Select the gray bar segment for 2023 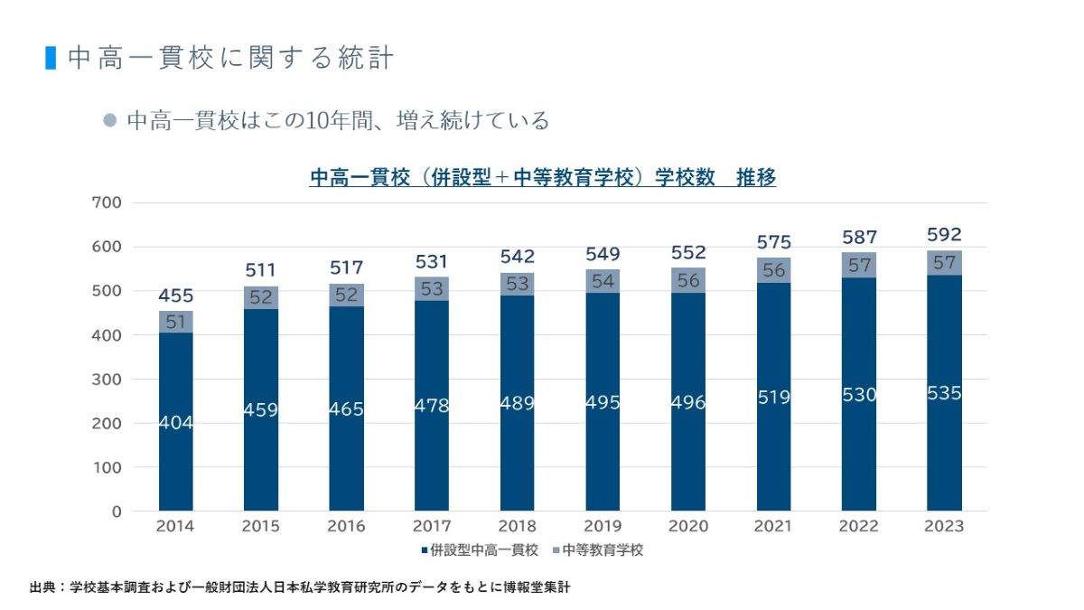[x=944, y=263]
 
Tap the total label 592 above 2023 [x=944, y=234]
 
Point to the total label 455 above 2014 [x=176, y=296]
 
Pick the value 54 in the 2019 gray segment [x=603, y=281]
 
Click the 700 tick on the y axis [x=107, y=202]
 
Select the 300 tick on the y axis [x=107, y=380]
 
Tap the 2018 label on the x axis [x=517, y=526]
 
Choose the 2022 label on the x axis [x=858, y=526]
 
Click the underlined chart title [x=543, y=178]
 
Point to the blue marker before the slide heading [x=51, y=57]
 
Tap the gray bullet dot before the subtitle [x=110, y=120]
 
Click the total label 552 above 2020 [x=687, y=252]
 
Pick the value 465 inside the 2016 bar [x=347, y=408]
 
